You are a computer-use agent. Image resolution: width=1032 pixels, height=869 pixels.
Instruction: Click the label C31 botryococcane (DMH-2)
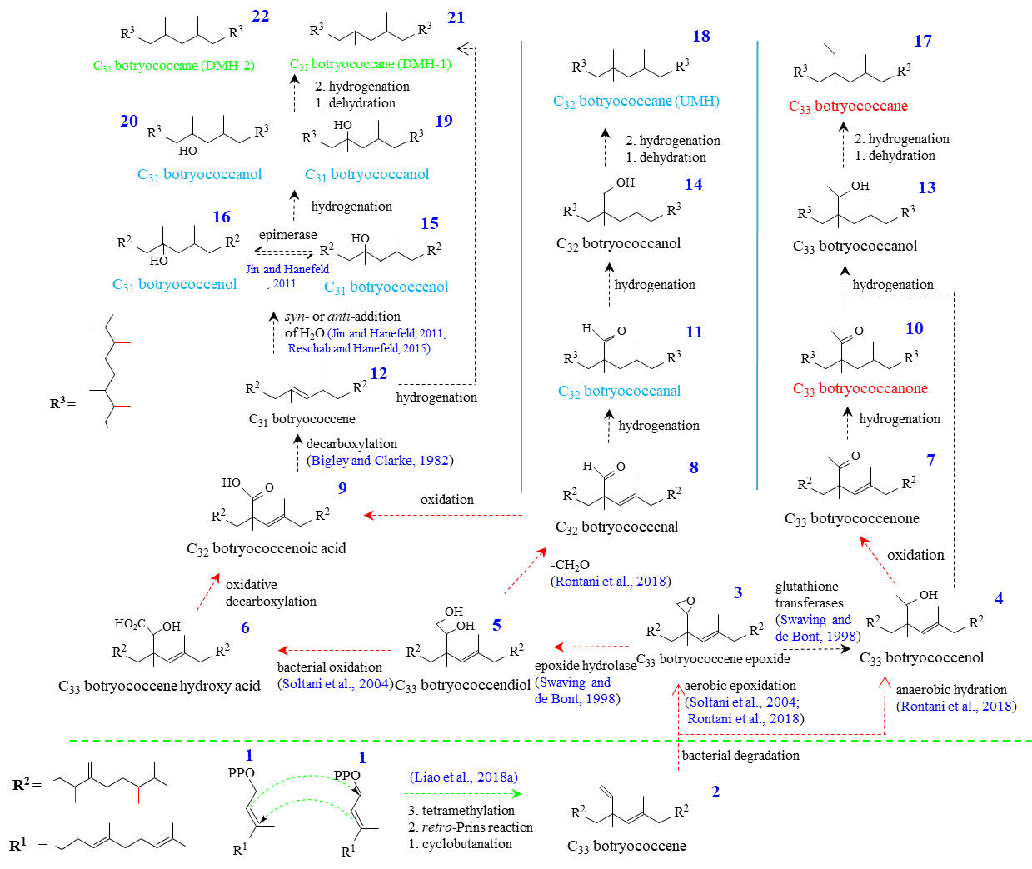[x=174, y=66]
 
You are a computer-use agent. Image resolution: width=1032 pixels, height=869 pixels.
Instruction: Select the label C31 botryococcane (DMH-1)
[x=371, y=64]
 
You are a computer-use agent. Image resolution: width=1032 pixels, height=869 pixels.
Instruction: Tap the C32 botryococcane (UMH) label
[x=636, y=102]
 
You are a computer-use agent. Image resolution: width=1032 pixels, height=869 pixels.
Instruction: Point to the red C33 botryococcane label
[x=848, y=107]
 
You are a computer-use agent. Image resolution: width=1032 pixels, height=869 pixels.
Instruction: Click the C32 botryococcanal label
[x=619, y=392]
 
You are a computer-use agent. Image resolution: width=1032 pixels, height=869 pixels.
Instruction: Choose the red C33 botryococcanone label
[x=860, y=389]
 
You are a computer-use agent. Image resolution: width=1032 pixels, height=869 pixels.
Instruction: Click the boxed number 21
[x=456, y=17]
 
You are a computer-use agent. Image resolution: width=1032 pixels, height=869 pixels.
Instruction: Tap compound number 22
[x=261, y=16]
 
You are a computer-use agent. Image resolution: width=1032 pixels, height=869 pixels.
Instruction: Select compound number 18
[x=701, y=36]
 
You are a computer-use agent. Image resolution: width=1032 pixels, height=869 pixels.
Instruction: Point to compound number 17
[x=923, y=41]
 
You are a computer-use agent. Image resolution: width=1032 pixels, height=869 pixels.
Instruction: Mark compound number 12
[x=379, y=373]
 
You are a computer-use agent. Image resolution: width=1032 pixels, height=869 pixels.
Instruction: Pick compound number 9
[x=342, y=488]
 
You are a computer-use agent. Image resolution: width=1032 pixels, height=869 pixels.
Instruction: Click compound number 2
[x=715, y=792]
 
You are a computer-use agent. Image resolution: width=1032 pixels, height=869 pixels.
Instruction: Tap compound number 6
[x=245, y=627]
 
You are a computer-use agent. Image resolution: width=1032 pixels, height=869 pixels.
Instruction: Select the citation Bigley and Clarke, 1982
[x=380, y=461]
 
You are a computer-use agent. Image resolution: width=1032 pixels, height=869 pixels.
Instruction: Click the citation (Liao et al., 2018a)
[x=464, y=777]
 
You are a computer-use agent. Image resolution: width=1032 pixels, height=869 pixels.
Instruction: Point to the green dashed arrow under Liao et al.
[x=462, y=794]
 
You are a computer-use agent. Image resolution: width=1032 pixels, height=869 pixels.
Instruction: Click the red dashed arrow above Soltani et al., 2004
[x=334, y=650]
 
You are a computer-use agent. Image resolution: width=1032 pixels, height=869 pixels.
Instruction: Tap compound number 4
[x=999, y=598]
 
